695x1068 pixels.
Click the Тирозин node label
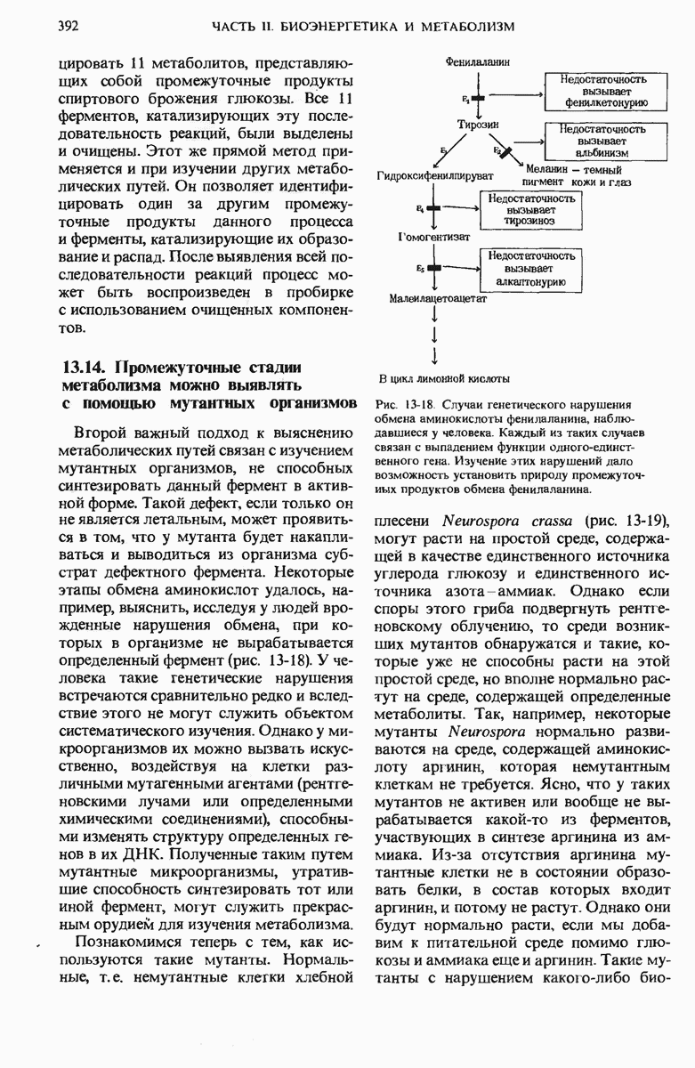(x=478, y=125)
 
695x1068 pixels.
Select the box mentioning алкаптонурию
(x=531, y=268)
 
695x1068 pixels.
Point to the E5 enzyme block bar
(x=433, y=267)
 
